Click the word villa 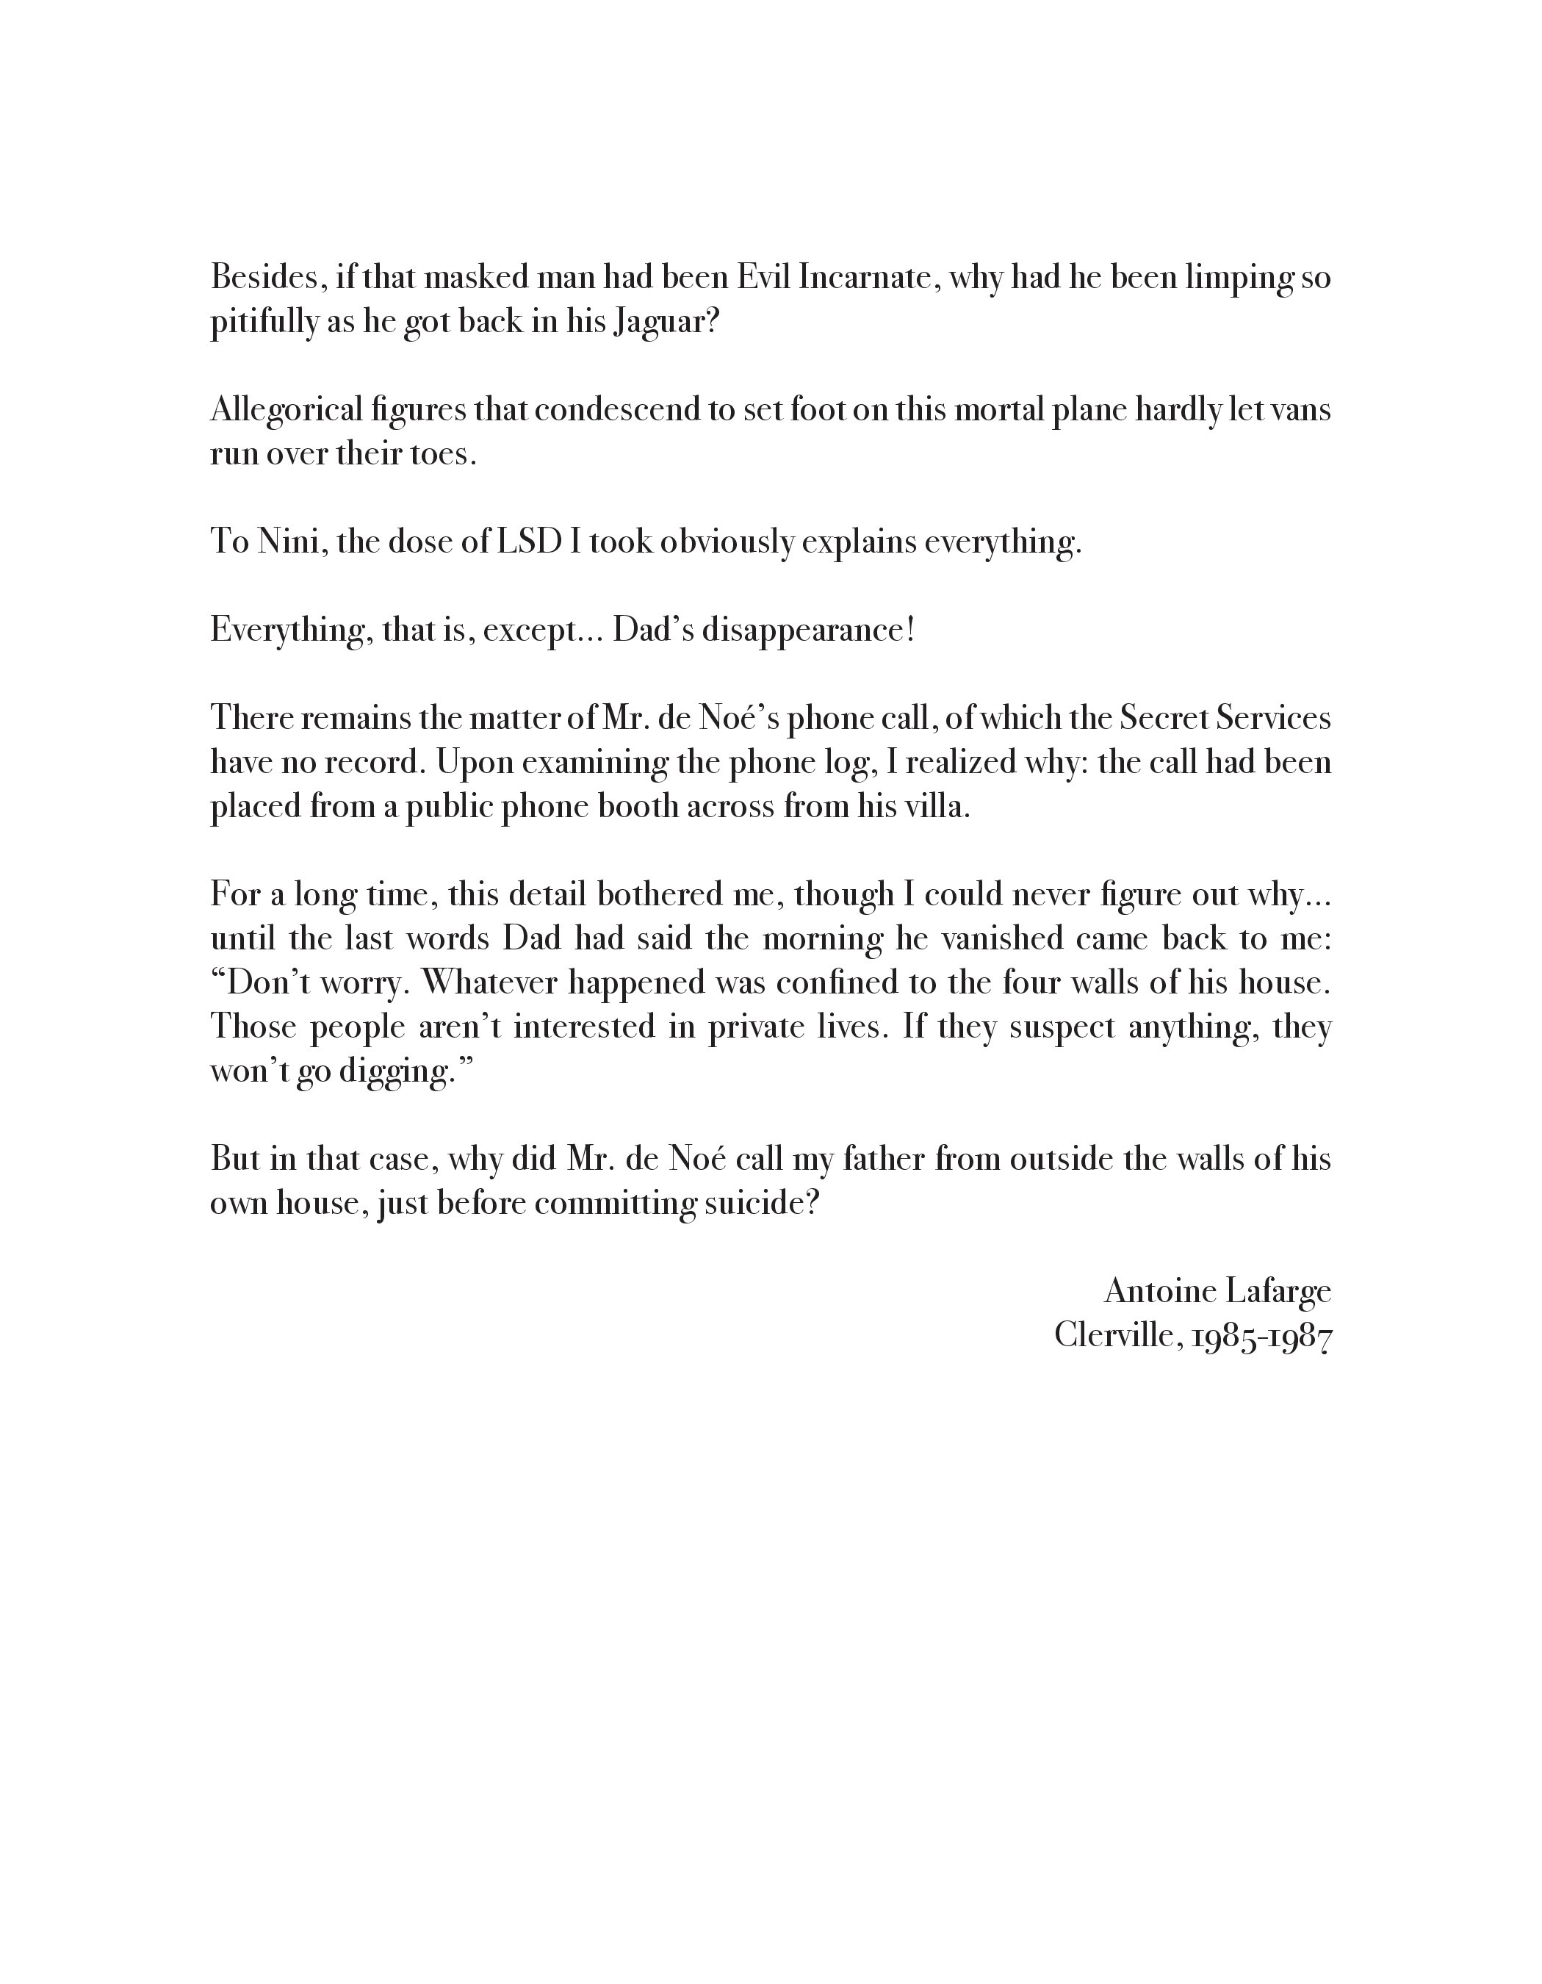pyautogui.click(x=942, y=807)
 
